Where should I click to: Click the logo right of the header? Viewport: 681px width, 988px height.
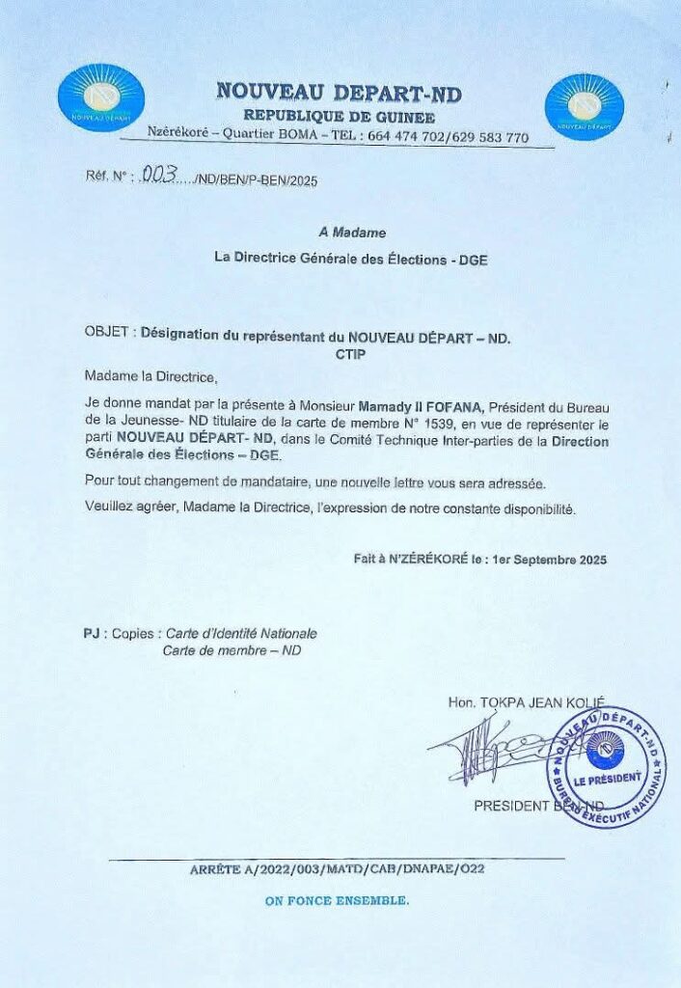(584, 106)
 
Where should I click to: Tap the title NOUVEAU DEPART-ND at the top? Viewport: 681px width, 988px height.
(339, 93)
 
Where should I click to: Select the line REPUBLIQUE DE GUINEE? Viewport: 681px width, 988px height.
(339, 116)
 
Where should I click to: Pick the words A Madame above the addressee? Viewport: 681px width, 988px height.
(352, 233)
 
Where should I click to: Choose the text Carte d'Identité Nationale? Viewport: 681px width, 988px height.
(241, 634)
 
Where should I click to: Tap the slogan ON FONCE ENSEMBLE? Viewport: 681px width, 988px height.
(337, 901)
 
